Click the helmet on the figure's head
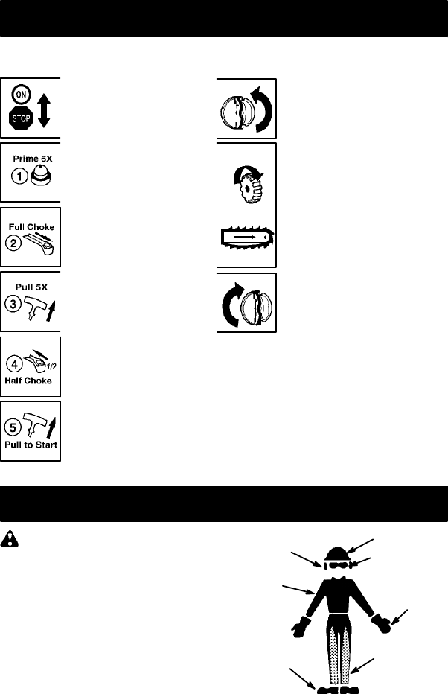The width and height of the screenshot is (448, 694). pyautogui.click(x=338, y=554)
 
